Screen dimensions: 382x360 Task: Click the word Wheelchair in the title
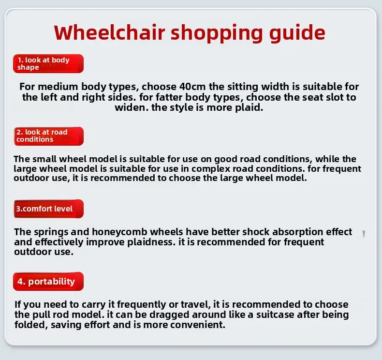(109, 32)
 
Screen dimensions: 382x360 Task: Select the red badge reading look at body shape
(48, 63)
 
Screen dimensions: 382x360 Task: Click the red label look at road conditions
(49, 136)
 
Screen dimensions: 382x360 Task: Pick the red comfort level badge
(49, 209)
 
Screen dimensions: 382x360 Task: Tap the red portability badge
(48, 281)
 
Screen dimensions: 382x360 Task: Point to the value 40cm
(192, 87)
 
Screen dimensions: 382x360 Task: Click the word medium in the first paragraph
(58, 87)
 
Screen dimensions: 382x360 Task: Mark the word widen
(132, 107)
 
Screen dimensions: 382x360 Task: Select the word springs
(51, 232)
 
